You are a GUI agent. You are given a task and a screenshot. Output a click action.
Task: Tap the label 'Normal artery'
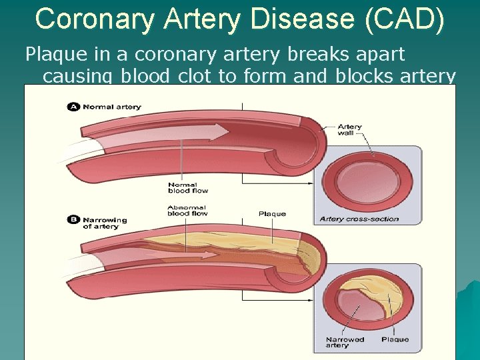pyautogui.click(x=111, y=107)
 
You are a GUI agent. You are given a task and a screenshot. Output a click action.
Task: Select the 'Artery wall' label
pyautogui.click(x=349, y=129)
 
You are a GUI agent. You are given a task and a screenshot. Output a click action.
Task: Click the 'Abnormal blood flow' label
pyautogui.click(x=187, y=210)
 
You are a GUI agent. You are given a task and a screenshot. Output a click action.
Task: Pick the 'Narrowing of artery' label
pyautogui.click(x=104, y=223)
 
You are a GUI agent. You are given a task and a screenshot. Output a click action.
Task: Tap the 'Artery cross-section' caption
pyautogui.click(x=359, y=219)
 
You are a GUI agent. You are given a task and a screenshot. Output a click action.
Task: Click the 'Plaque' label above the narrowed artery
pyautogui.click(x=272, y=214)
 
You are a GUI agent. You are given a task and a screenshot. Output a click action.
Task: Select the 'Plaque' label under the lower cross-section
pyautogui.click(x=395, y=339)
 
